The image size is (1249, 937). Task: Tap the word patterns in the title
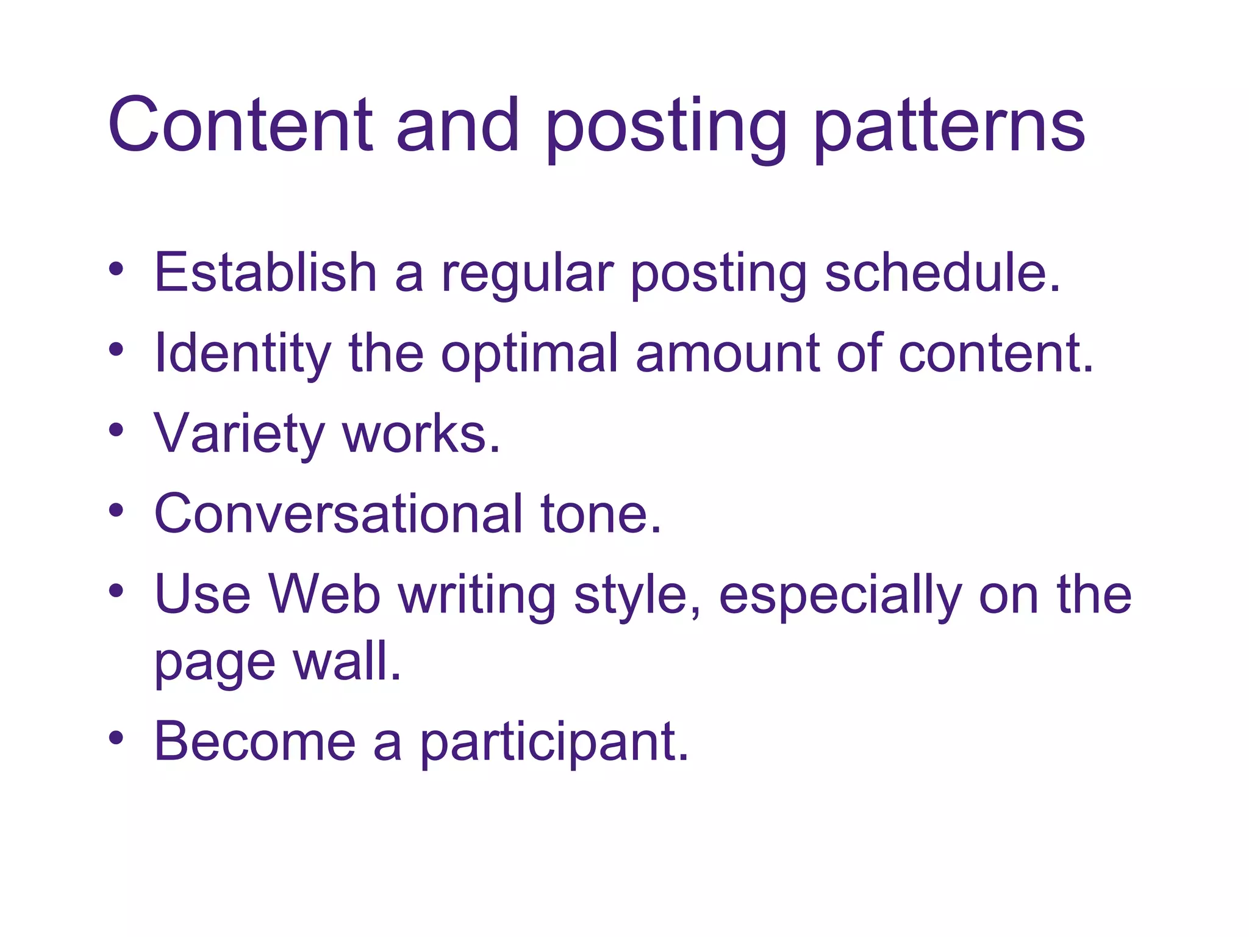949,128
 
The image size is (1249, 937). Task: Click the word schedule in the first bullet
942,273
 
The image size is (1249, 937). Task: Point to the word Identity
243,354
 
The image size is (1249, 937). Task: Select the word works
421,434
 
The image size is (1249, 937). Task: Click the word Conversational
338,514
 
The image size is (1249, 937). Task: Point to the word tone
601,514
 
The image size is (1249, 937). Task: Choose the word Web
324,595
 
